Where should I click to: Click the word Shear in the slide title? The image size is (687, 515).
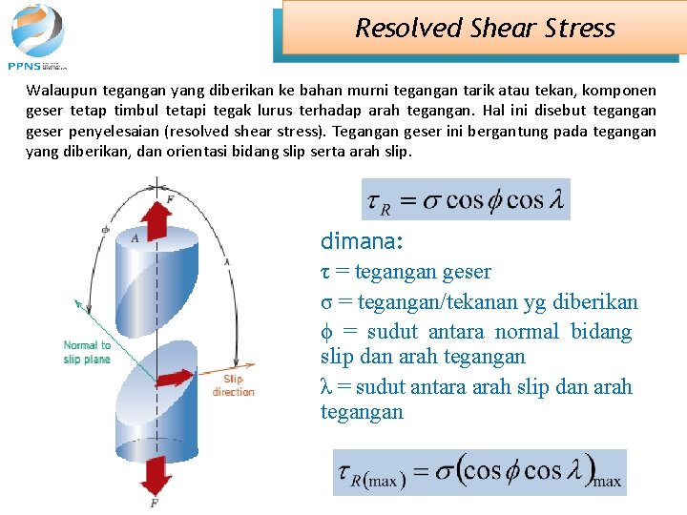point(506,28)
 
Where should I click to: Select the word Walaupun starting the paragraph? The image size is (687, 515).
point(58,91)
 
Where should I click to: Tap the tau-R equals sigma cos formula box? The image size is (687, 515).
point(466,199)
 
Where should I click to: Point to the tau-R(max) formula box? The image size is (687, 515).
point(479,472)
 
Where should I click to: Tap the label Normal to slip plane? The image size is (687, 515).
point(88,352)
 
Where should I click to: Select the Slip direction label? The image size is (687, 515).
point(234,385)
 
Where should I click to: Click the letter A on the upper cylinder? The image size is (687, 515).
point(135,238)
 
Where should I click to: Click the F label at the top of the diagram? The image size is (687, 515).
point(170,198)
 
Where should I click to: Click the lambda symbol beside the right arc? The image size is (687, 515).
point(227,260)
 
